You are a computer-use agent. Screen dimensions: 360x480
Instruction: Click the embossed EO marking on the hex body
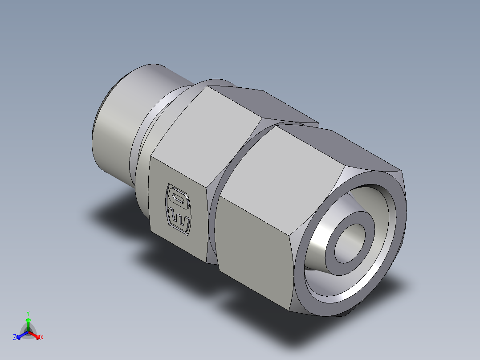click(179, 208)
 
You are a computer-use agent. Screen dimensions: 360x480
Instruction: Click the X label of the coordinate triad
click(41, 338)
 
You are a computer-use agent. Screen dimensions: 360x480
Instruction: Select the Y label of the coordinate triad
click(28, 313)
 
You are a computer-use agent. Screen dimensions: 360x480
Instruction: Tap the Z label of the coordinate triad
click(15, 338)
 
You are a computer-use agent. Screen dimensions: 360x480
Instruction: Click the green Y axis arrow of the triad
click(28, 323)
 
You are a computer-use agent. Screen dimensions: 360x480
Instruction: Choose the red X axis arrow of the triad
click(35, 335)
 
